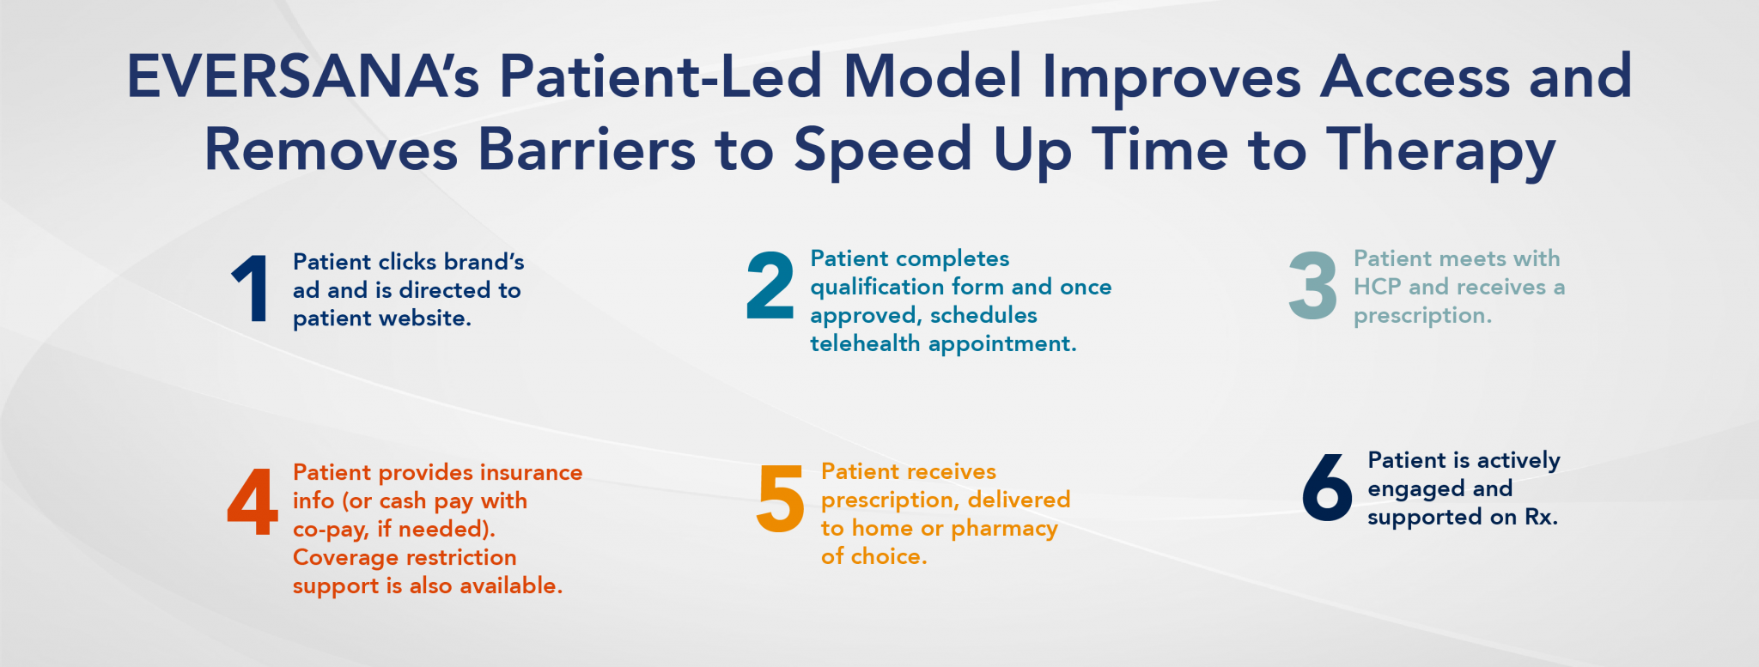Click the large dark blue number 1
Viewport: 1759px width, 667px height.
coord(252,289)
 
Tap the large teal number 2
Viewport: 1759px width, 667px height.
coord(770,286)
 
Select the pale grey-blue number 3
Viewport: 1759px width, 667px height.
coord(1312,286)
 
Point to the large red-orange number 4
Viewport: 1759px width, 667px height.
coord(252,502)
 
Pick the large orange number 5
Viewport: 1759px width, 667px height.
coord(780,499)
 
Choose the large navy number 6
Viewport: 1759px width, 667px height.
coord(1327,488)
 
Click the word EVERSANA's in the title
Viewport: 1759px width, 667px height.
coord(303,77)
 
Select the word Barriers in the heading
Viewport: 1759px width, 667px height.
coord(587,150)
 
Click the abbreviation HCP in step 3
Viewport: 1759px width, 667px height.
coord(1377,287)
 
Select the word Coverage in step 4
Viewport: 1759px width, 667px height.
coord(345,557)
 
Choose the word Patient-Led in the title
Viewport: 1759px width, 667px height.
coord(661,77)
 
